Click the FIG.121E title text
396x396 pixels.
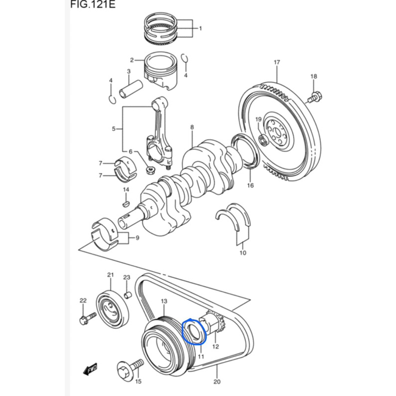coord(93,4)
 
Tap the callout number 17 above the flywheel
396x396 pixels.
coord(277,62)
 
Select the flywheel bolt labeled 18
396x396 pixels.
coord(315,98)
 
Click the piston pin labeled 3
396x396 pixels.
coord(131,89)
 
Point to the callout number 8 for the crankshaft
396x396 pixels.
coord(192,127)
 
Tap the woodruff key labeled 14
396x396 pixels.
coord(126,203)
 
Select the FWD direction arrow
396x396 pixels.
coord(91,369)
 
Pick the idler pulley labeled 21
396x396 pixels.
coord(112,310)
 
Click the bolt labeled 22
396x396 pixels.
coord(88,318)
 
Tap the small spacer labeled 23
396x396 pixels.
coord(128,295)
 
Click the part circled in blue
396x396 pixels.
coord(194,331)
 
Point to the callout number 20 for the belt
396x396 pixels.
coord(217,381)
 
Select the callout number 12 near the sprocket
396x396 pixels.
coord(215,346)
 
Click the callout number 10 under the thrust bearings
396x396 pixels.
coord(243,253)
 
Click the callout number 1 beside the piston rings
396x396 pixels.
coord(200,28)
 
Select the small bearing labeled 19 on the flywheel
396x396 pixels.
coord(264,140)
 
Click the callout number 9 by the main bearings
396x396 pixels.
coord(138,238)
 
